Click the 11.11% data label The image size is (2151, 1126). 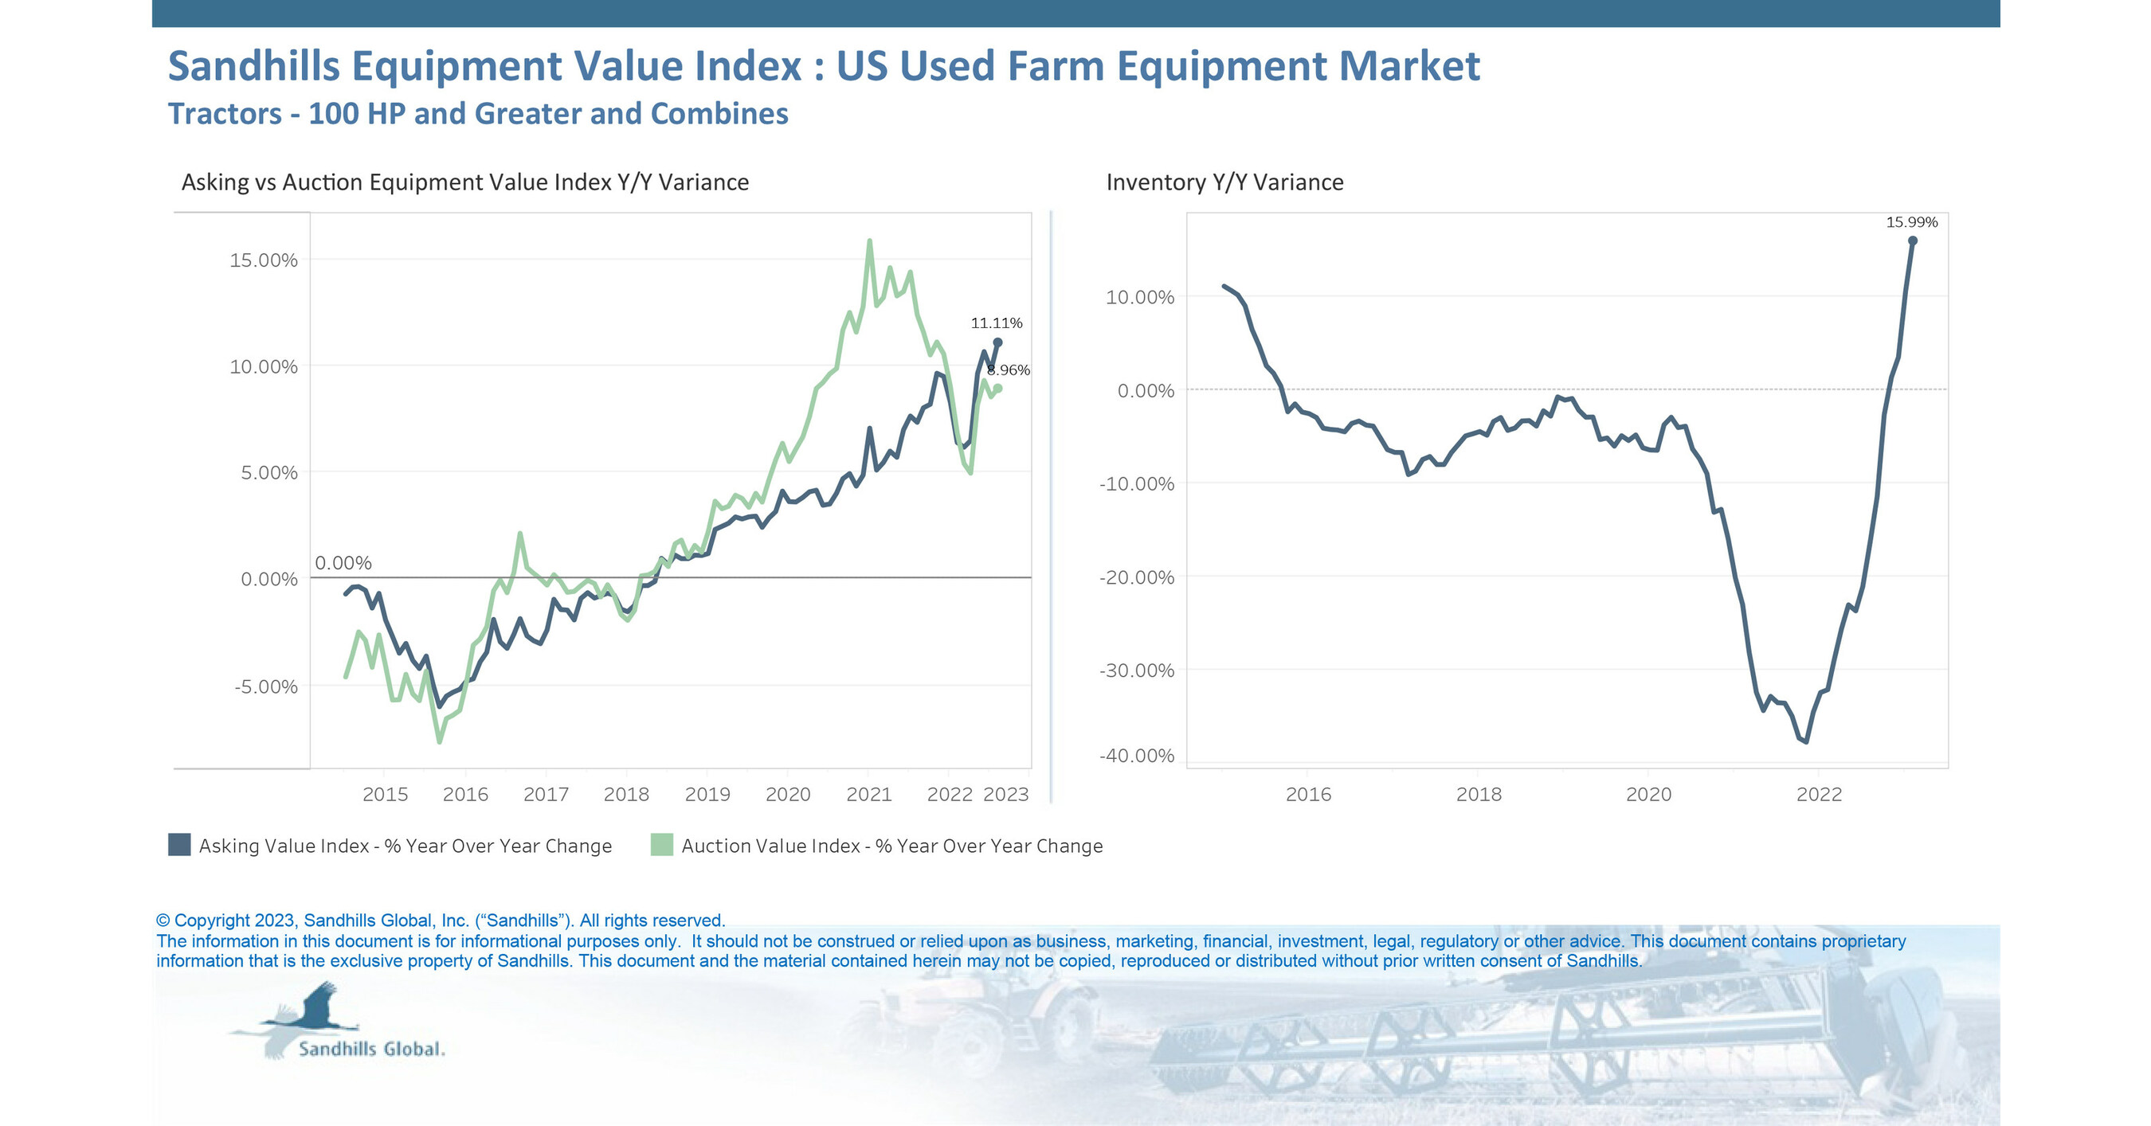coord(995,323)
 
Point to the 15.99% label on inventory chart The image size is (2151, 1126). coord(1911,222)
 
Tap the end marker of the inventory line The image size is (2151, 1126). coord(1912,240)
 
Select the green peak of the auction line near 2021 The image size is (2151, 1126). coord(869,241)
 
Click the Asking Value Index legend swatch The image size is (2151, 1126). coord(179,845)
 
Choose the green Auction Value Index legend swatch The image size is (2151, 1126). coord(661,845)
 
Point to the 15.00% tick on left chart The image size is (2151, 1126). coord(263,260)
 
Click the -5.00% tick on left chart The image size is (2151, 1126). coord(265,686)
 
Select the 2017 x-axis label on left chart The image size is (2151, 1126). coord(546,794)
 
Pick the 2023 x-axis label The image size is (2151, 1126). coord(1005,794)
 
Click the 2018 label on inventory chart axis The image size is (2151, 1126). coord(1478,794)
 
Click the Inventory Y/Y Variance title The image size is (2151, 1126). coord(1224,182)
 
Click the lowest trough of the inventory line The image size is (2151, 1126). coord(1806,741)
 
